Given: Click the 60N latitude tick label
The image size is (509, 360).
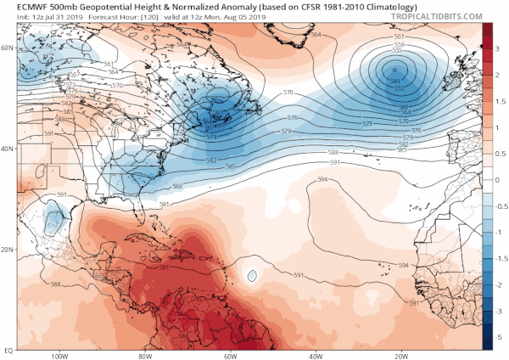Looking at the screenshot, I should pos(8,48).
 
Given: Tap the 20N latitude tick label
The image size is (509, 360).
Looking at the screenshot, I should pos(8,250).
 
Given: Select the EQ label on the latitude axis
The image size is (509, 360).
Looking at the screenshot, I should pos(8,349).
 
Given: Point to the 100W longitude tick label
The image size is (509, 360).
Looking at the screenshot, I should pos(59,355).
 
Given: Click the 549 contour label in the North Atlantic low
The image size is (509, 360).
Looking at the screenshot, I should pos(397,82).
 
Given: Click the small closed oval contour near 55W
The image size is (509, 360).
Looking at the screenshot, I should pos(252,275).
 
